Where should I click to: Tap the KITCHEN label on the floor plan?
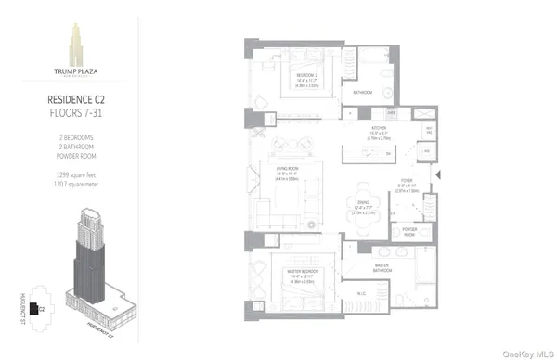[x=379, y=128]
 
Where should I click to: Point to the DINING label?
[x=364, y=201]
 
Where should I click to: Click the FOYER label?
[x=408, y=182]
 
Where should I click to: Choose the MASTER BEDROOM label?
[x=296, y=270]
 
